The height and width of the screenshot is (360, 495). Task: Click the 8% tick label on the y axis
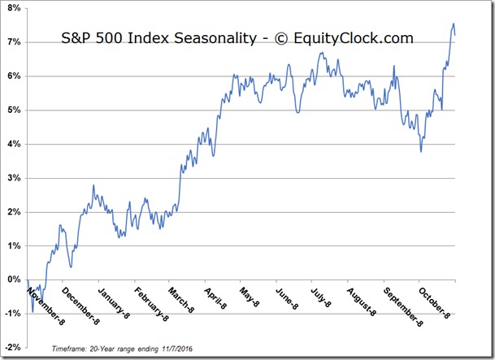coord(14,8)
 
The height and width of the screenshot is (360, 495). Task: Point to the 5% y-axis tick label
coord(14,111)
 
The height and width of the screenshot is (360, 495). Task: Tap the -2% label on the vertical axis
coord(13,347)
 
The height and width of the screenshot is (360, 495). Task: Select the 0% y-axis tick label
coord(14,280)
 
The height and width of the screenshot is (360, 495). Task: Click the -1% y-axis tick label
coord(13,314)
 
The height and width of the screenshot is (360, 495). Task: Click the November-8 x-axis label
coord(46,306)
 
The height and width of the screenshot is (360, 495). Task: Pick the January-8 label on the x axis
coord(114,303)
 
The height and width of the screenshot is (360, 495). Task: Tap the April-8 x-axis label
coord(215,298)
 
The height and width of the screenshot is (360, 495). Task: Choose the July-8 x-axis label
coord(321,297)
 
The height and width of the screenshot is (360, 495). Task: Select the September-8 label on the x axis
coord(403,306)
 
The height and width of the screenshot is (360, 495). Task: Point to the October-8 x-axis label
coord(434,303)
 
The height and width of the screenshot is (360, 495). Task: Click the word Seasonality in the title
coord(215,38)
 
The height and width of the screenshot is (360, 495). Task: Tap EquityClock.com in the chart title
coord(354,38)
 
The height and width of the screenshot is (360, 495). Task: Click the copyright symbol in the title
coord(281,39)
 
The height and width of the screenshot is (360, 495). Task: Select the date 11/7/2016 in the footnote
coord(177,349)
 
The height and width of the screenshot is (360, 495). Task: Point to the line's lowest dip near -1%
coord(33,312)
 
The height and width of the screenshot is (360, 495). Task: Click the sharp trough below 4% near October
coord(421,152)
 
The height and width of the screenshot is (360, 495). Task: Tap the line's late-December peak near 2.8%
coord(93,185)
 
